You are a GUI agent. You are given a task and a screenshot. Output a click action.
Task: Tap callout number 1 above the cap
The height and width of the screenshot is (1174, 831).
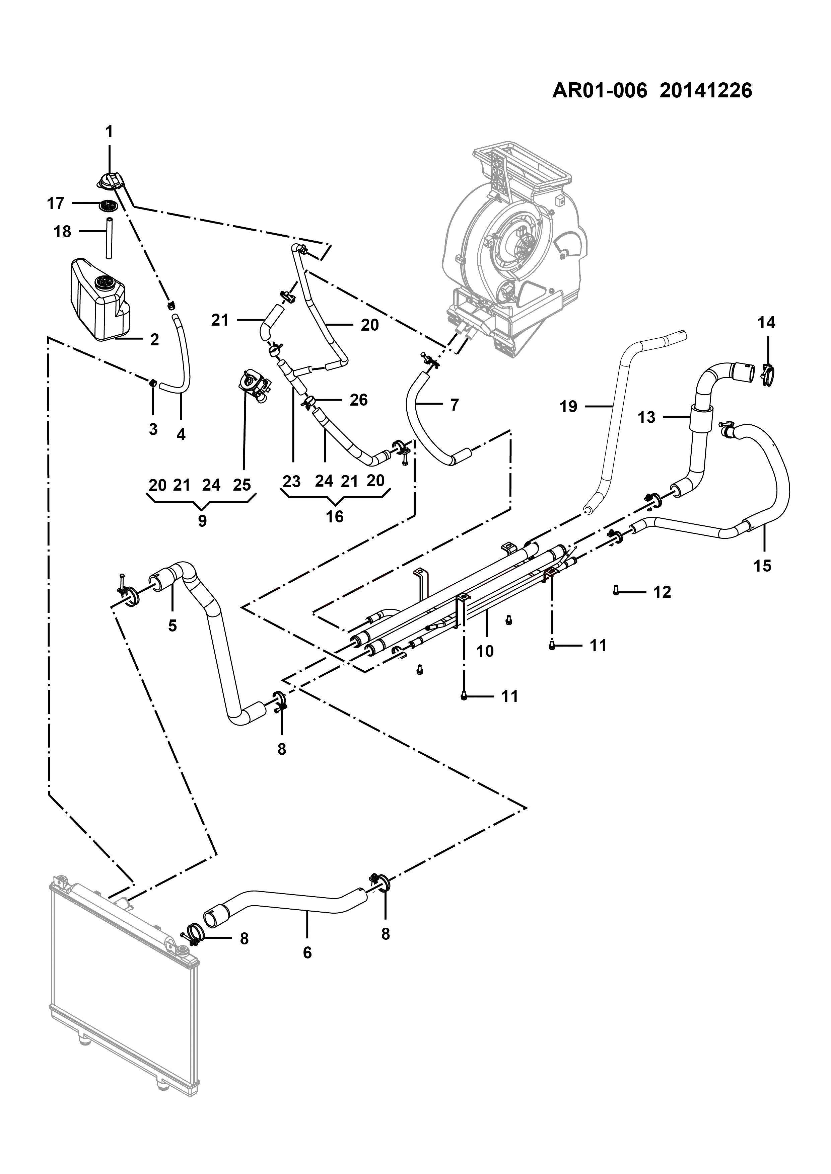point(109,132)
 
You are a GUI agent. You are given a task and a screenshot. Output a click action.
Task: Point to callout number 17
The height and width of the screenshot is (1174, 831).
point(56,203)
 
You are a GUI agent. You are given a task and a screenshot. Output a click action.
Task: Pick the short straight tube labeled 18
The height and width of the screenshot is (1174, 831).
point(109,238)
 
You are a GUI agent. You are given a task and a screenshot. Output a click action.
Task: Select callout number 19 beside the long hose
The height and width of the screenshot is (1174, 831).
point(568,407)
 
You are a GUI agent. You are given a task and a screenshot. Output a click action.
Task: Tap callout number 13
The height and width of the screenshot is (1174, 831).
point(647,417)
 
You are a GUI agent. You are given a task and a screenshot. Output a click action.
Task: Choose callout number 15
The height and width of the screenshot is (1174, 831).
point(762,566)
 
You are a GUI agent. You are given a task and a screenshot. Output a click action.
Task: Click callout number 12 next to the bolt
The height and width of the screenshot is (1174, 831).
point(662,592)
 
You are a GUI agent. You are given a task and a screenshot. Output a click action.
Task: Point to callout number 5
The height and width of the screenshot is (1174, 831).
point(172,625)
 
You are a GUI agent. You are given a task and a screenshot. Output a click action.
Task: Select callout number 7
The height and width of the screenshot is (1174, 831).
point(455,405)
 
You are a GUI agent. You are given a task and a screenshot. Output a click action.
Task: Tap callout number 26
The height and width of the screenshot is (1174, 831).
point(359,400)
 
